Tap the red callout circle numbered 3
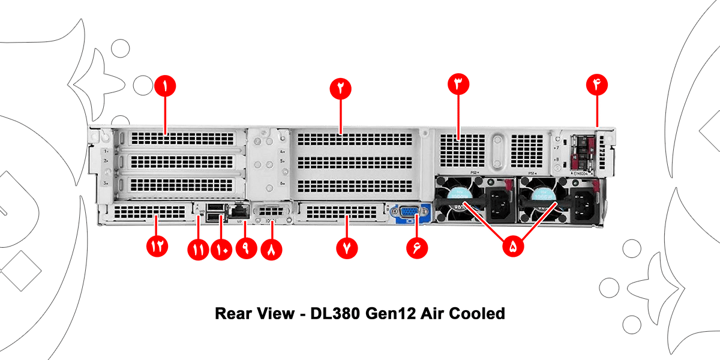(x=458, y=86)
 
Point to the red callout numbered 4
(x=597, y=86)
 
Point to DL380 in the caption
(x=331, y=313)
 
